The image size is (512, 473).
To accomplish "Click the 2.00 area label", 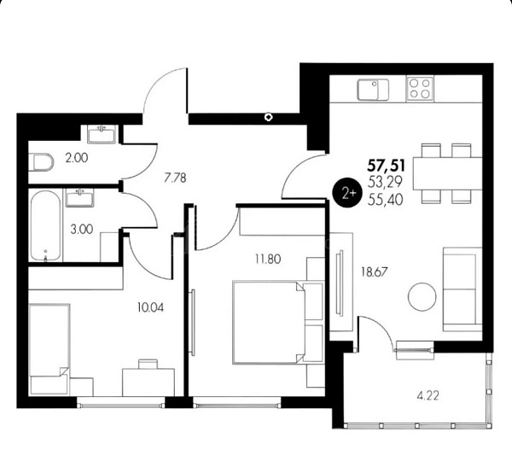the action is pyautogui.click(x=77, y=158).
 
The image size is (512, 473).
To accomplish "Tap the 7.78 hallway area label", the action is pyautogui.click(x=175, y=178).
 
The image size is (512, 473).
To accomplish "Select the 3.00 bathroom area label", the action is pyautogui.click(x=82, y=229).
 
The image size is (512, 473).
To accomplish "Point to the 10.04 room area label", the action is pyautogui.click(x=150, y=307).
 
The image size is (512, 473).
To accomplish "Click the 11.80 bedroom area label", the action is pyautogui.click(x=268, y=259).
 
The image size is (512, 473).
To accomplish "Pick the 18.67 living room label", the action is pyautogui.click(x=375, y=272).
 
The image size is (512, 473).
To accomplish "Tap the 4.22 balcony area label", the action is pyautogui.click(x=428, y=396).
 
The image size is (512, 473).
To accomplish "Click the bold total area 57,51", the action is pyautogui.click(x=387, y=166).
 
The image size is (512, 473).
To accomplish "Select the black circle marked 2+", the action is pyautogui.click(x=348, y=193).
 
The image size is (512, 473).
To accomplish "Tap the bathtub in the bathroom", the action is pyautogui.click(x=46, y=225).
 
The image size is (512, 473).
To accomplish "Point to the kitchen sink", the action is pyautogui.click(x=373, y=90).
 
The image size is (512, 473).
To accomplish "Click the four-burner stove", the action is pyautogui.click(x=420, y=89).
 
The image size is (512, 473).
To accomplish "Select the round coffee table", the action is pyautogui.click(x=422, y=297).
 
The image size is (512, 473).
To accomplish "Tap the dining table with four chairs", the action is pyautogui.click(x=447, y=173).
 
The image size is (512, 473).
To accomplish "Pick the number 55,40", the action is pyautogui.click(x=386, y=200).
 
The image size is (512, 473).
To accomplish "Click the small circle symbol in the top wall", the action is pyautogui.click(x=269, y=117).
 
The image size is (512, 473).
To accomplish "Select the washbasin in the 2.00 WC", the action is pyautogui.click(x=102, y=134).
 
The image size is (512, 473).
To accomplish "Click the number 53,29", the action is pyautogui.click(x=386, y=182).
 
